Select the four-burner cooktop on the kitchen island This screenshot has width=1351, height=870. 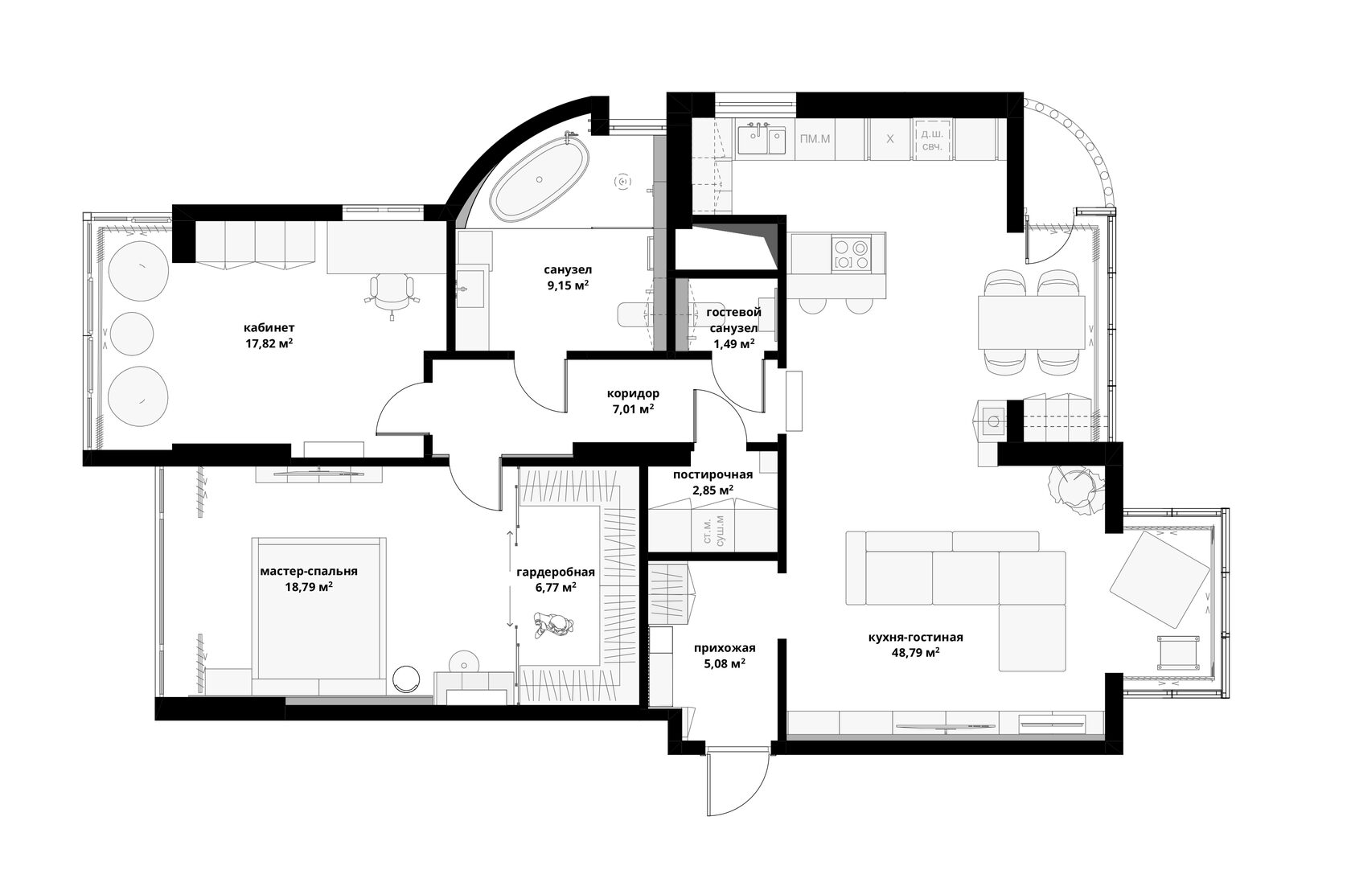point(851,254)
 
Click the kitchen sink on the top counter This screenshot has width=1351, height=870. point(762,140)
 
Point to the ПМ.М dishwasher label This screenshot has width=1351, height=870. point(815,139)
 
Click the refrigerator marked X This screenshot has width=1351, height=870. point(889,139)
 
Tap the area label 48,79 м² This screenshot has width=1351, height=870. point(915,652)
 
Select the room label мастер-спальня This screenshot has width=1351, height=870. point(309,571)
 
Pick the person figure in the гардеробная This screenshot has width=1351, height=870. point(553,625)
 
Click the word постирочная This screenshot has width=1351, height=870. point(712,474)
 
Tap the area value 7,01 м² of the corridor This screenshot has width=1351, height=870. point(634,409)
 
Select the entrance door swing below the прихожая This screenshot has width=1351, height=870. point(738,781)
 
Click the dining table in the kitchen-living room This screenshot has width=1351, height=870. point(1031,322)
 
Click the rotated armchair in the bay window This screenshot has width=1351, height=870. point(1160,580)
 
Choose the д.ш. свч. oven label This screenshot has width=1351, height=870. point(933,140)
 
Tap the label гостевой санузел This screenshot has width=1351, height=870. point(733,320)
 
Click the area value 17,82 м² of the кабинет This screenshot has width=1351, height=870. point(269,343)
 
